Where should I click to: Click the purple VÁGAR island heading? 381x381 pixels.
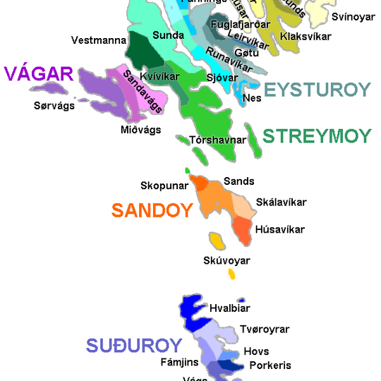click(39, 74)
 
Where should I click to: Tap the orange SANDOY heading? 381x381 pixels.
click(152, 210)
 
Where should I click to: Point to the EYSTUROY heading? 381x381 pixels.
click(317, 90)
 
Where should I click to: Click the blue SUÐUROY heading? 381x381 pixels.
click(134, 346)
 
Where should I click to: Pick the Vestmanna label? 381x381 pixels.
click(99, 40)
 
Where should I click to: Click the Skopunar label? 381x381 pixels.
click(164, 186)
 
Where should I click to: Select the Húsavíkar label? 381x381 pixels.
click(280, 229)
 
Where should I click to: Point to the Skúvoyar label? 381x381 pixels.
click(226, 261)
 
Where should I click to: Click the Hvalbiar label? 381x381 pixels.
click(229, 308)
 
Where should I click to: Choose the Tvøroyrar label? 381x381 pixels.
click(265, 329)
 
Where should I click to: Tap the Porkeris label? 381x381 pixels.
click(270, 365)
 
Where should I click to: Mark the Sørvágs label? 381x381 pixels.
click(54, 106)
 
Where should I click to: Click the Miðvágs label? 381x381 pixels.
click(140, 129)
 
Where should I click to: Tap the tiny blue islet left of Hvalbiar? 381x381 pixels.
click(241, 300)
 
